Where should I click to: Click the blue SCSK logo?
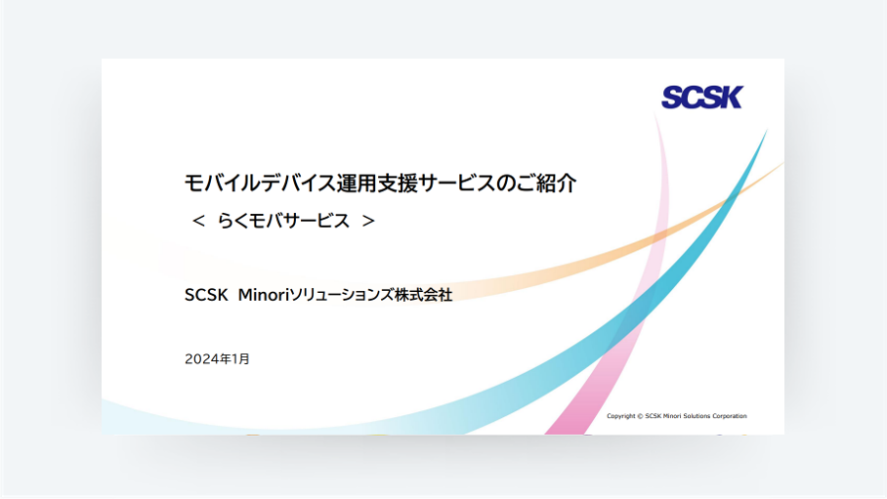click(701, 98)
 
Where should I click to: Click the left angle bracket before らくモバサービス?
click(198, 222)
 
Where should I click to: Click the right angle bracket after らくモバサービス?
click(368, 222)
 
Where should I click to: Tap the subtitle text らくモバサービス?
click(283, 221)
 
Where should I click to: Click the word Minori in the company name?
click(263, 295)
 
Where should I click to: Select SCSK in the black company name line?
click(206, 295)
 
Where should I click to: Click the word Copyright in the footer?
click(621, 416)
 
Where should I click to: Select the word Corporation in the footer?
click(729, 416)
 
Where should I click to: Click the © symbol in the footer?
click(640, 416)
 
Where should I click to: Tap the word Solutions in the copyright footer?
click(697, 416)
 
